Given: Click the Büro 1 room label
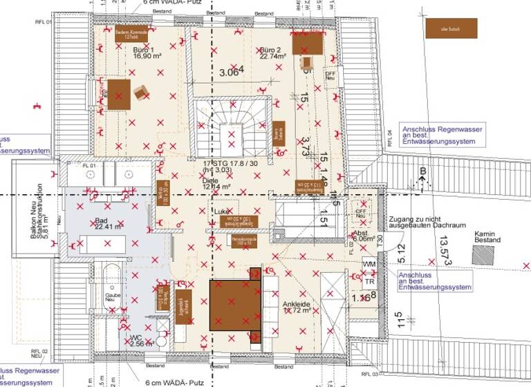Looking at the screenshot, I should [x=145, y=55].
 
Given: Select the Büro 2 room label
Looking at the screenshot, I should [x=273, y=55].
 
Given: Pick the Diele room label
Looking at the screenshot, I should [x=214, y=182].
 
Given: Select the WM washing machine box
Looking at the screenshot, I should [x=369, y=264].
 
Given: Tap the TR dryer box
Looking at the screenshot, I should [x=369, y=282].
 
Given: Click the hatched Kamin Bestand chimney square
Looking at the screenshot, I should [x=484, y=254].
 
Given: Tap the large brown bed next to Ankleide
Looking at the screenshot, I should [x=235, y=303].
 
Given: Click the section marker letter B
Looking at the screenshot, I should [x=422, y=171].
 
